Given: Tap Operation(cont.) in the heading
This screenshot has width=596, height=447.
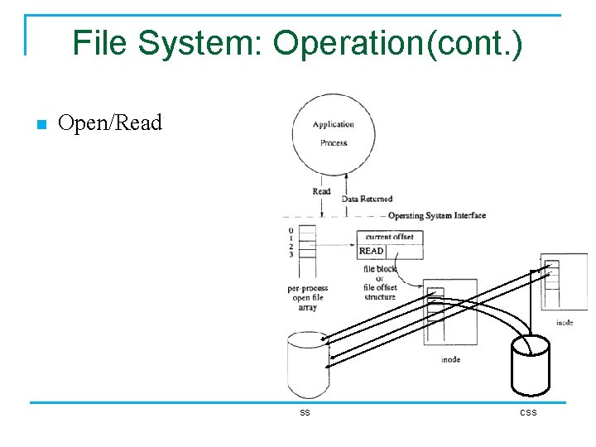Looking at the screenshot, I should pos(397,43).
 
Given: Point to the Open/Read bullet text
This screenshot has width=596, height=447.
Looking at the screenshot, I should pos(110,123).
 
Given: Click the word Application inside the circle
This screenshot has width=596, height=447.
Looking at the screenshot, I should pos(333,125).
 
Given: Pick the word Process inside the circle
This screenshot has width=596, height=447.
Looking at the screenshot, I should pos(333,142).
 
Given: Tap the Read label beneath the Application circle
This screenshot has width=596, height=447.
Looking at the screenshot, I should pos(321,191).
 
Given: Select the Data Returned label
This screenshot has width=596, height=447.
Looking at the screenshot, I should pos(367,199).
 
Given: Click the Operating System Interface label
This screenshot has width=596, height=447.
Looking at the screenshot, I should pos(436,216).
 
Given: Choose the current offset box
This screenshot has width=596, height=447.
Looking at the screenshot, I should pos(389,237).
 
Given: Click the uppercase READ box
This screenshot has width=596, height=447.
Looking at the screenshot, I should pos(372,251).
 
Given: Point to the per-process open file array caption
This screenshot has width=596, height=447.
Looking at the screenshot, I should pos(307,298).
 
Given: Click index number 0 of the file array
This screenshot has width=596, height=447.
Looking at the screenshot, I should pos(291,229).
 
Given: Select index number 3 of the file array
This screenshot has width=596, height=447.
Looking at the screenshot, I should pos(291,254).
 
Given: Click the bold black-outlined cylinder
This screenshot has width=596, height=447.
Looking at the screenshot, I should pos(530,364).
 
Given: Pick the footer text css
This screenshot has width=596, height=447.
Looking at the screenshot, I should pos(528,412).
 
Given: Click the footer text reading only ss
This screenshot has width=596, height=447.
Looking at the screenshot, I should pos(305,412).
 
